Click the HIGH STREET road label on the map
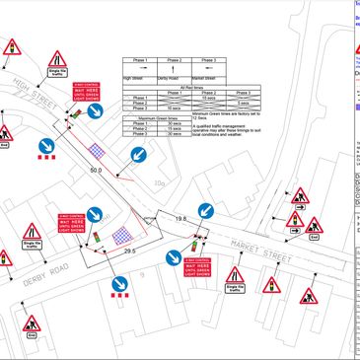[36, 87]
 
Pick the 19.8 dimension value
[180, 217]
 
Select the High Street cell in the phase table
[132, 78]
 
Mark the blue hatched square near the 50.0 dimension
[98, 151]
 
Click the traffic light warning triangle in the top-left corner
[14, 48]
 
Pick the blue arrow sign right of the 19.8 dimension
[205, 213]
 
